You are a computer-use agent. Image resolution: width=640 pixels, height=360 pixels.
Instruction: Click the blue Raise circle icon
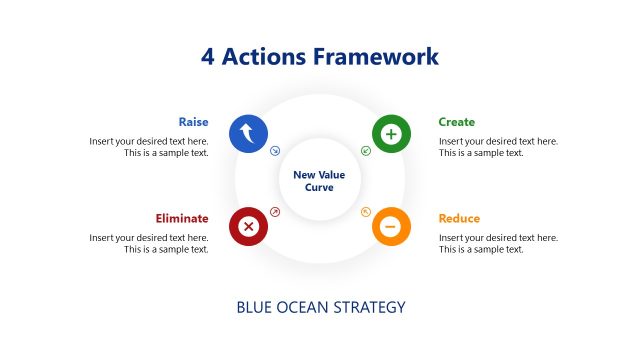tap(248, 133)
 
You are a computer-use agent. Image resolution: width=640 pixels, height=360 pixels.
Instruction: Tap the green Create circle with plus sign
tap(391, 133)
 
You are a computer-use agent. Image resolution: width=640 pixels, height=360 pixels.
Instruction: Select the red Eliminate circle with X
tap(248, 227)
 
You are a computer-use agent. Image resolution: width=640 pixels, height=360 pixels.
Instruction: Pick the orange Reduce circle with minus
tap(391, 227)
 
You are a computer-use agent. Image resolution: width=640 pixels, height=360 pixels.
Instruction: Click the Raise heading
tap(193, 122)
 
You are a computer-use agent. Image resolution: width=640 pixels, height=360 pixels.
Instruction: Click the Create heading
tap(457, 122)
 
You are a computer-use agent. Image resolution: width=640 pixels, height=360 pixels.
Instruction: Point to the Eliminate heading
tap(182, 218)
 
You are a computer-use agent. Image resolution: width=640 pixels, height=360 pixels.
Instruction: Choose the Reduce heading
tap(459, 218)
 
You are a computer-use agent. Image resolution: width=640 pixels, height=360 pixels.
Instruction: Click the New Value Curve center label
tap(319, 181)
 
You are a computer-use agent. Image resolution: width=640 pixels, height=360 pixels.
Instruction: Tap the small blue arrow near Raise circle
tap(275, 152)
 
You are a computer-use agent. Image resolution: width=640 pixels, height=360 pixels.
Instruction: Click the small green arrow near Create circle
tap(365, 152)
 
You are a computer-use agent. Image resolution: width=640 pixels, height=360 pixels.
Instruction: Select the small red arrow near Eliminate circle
tap(275, 211)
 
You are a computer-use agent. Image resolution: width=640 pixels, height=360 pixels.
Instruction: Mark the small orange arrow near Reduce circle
tap(365, 211)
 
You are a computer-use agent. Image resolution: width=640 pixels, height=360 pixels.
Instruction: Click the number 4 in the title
tap(208, 56)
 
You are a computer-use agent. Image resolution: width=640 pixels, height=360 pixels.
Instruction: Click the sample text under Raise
tap(149, 147)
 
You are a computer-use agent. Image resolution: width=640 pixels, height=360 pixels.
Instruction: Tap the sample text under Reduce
tap(498, 243)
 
